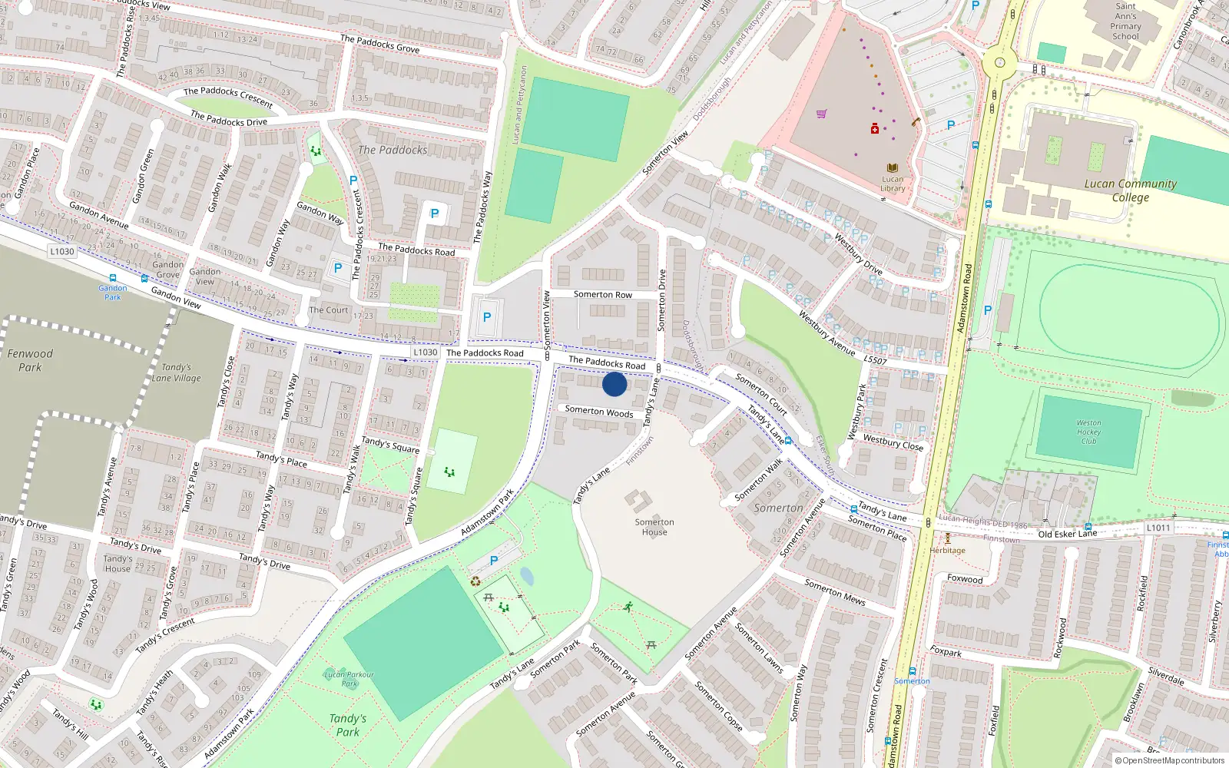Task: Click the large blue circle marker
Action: (x=614, y=384)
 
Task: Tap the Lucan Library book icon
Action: (x=892, y=167)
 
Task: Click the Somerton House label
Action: (x=654, y=527)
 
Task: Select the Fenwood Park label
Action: (x=30, y=360)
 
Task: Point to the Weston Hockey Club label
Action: (x=1088, y=432)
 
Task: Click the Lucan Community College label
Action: (x=1130, y=190)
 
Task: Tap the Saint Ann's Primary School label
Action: (x=1125, y=21)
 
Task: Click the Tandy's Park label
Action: (x=348, y=725)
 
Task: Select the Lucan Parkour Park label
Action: (x=349, y=679)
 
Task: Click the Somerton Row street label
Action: (x=603, y=294)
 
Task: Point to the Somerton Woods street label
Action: (x=599, y=412)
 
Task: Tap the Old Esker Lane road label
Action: (x=1067, y=534)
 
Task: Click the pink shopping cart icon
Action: (x=822, y=114)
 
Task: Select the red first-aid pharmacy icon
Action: (x=874, y=129)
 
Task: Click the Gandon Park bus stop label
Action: (x=112, y=292)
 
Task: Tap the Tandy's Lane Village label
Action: (x=176, y=372)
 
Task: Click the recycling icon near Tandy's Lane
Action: (x=475, y=581)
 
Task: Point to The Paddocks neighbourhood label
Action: (x=393, y=150)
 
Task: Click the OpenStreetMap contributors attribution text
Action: (x=1170, y=760)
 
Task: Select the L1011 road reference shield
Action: (x=1158, y=528)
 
